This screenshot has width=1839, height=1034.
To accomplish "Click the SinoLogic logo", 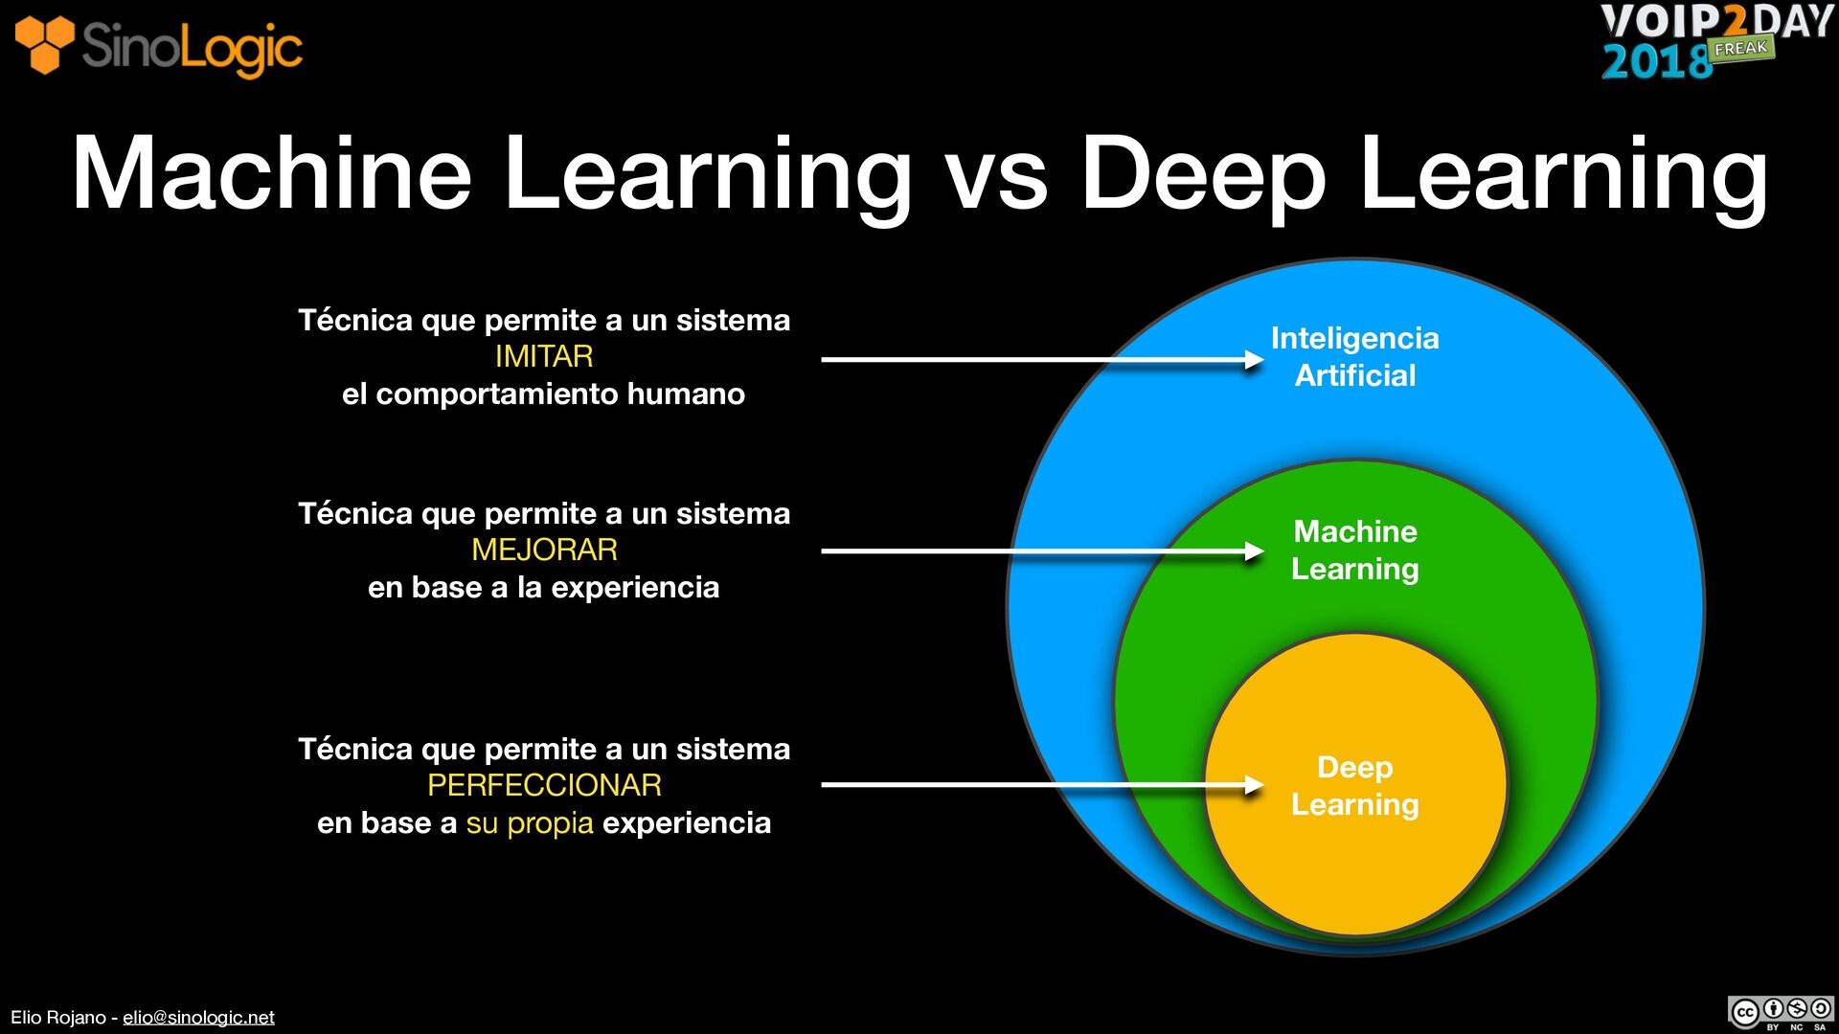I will pos(159,46).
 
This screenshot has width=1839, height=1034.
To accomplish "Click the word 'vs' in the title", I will pos(996,174).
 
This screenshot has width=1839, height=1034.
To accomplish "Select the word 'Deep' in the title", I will pos(1203,176).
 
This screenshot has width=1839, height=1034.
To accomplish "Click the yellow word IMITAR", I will pos(544,357).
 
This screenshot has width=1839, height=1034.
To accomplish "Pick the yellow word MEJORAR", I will pos(544,551).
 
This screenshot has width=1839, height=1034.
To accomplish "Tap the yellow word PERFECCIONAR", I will pos(544,786).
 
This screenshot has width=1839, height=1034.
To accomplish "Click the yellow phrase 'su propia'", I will pos(530,823).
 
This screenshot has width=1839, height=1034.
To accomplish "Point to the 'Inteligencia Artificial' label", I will pos(1354,357).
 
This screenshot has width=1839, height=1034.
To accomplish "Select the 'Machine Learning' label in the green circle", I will pos(1354,551).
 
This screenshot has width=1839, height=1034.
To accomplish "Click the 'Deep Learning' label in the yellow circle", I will pos(1354,786).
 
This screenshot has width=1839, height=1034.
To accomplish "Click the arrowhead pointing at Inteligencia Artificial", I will pos(1254,360).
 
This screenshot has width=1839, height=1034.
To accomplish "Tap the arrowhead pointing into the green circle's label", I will pos(1254,551).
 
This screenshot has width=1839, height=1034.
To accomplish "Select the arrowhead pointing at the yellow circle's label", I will pos(1254,785).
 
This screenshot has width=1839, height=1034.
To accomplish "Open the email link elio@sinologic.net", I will pos(198,1018).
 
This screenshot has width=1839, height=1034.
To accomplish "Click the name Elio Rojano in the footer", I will pos(57,1018).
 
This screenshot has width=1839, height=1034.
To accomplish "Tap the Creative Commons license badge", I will pos(1781,1012).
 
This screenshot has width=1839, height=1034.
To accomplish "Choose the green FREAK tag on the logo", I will pos(1740,49).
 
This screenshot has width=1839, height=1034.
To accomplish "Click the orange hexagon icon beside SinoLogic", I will pos(44,44).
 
